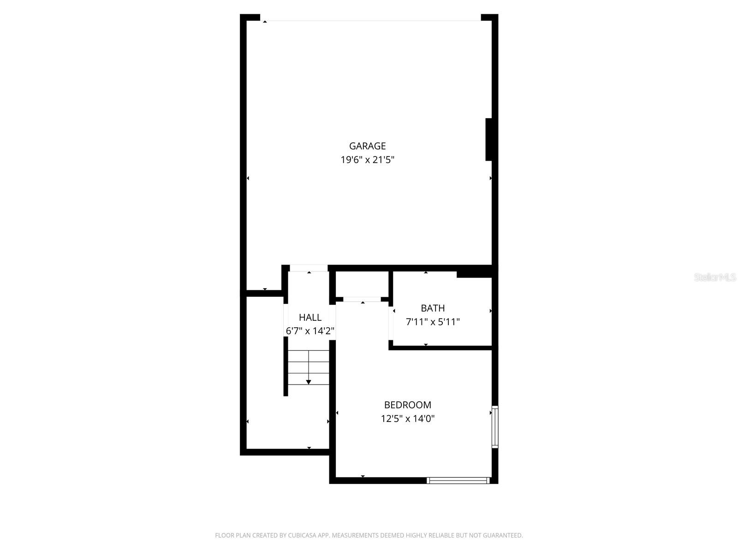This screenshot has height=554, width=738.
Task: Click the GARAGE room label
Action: (367, 146)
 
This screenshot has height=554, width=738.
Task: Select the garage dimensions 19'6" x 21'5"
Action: (367, 160)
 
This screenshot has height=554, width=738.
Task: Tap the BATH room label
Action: (433, 308)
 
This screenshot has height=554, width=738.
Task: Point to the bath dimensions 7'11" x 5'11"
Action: (433, 322)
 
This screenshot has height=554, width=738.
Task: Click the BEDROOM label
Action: (407, 405)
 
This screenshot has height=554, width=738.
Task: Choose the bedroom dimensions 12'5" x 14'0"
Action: (407, 419)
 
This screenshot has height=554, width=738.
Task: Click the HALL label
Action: (310, 317)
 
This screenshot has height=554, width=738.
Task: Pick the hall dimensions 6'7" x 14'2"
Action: (310, 331)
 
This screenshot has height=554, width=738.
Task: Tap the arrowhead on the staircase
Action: (308, 382)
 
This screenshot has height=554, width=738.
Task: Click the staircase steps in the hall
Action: (308, 367)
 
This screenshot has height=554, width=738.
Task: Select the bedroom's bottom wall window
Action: (458, 480)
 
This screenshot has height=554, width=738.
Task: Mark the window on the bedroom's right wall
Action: (495, 427)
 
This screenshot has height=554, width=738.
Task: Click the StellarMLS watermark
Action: (715, 277)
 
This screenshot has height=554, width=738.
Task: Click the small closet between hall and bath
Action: (362, 284)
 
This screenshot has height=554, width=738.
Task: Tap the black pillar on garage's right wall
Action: (489, 139)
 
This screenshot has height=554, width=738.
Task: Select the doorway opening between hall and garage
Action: (309, 268)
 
